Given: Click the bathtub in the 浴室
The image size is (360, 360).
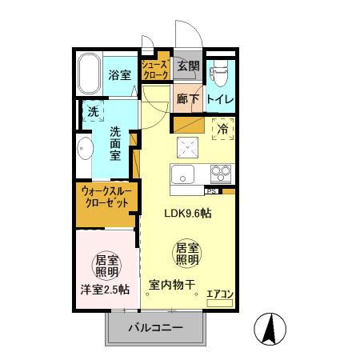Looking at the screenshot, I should [90, 75].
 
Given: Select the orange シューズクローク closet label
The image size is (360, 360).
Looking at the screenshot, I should [154, 69].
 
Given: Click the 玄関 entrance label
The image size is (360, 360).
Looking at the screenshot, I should [189, 66].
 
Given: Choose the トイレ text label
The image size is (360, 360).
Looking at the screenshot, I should [220, 98].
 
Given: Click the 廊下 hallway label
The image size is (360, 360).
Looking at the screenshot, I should [188, 98].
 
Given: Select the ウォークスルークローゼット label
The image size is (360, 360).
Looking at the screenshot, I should [104, 197].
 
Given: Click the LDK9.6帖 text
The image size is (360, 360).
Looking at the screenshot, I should [188, 214].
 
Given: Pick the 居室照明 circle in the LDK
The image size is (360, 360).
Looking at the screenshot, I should [187, 254].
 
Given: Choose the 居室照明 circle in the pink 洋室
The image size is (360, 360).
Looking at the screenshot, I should [106, 266].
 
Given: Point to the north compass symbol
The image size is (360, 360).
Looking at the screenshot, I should [270, 328].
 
